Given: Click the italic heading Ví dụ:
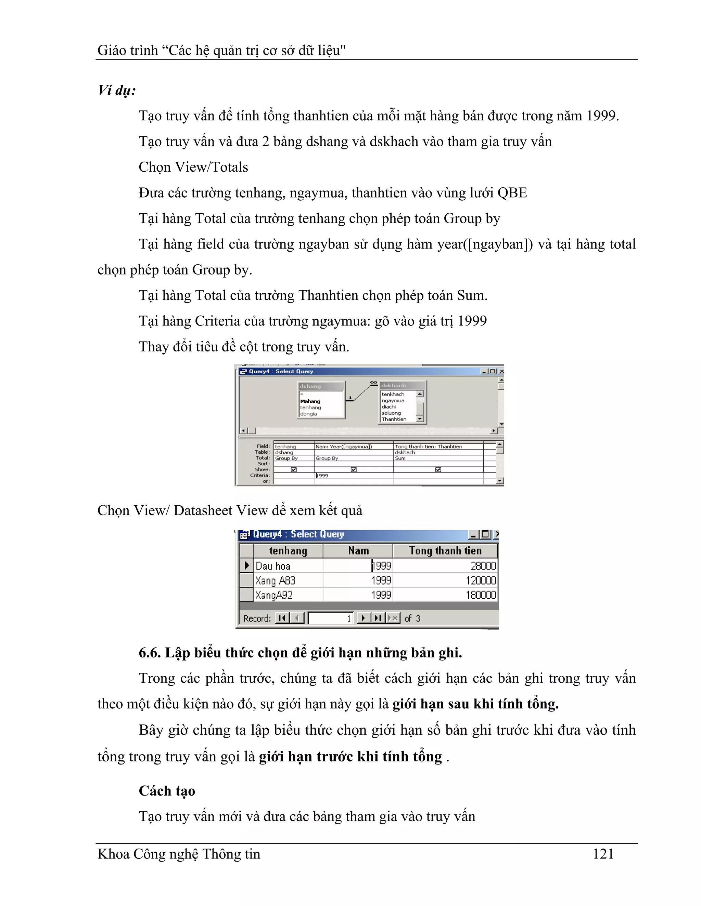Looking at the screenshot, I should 117,90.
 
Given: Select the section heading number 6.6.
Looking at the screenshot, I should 149,653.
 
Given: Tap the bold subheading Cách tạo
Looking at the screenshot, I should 167,791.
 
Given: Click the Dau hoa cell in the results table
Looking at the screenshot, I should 273,566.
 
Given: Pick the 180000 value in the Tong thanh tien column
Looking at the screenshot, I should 481,595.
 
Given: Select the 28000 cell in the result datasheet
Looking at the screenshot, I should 483,566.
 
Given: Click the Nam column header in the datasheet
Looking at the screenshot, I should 358,551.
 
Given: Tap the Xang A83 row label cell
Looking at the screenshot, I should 275,581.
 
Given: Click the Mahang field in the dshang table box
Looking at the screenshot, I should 310,401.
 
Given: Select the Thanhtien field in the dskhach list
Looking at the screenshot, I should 394,419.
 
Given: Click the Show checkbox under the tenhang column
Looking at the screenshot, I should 294,470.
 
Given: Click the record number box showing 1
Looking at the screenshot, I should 331,618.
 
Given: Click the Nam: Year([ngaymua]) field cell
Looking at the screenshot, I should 344,447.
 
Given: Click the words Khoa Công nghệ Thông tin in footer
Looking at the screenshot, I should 179,854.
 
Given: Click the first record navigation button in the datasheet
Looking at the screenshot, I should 282,618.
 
